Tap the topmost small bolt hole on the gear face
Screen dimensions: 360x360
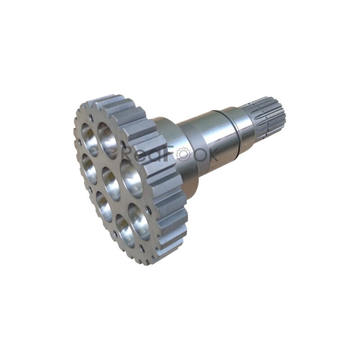(x=91, y=118)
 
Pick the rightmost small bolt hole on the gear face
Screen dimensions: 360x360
(x=147, y=209)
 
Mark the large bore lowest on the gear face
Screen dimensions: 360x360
(x=126, y=230)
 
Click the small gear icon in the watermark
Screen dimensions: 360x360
(x=183, y=154)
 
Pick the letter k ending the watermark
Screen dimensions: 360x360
(x=211, y=154)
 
